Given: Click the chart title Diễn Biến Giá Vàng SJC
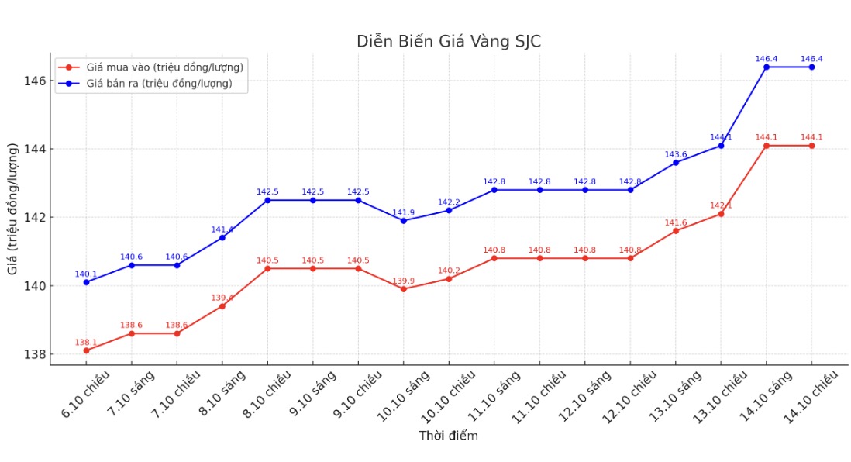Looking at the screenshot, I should pos(449,42).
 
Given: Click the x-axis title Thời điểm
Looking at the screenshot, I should pos(449,436).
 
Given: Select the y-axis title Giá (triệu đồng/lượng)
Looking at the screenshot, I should pos(13,209).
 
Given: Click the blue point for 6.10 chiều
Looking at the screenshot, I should pos(86,282).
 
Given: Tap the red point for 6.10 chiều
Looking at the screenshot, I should pos(86,350).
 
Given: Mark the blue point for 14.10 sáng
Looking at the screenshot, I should pos(767,67).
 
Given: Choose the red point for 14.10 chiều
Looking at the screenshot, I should pos(811,146).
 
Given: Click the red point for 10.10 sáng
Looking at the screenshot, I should pos(404,289).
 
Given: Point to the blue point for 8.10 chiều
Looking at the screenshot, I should pos(267,200).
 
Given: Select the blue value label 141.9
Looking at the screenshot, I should pos(404,212).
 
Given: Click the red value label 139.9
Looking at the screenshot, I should pos(404,281).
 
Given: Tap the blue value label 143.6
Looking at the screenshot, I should pos(676,154).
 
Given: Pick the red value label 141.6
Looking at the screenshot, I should pos(676,222).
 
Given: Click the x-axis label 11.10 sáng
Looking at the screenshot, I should pos(493,396).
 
